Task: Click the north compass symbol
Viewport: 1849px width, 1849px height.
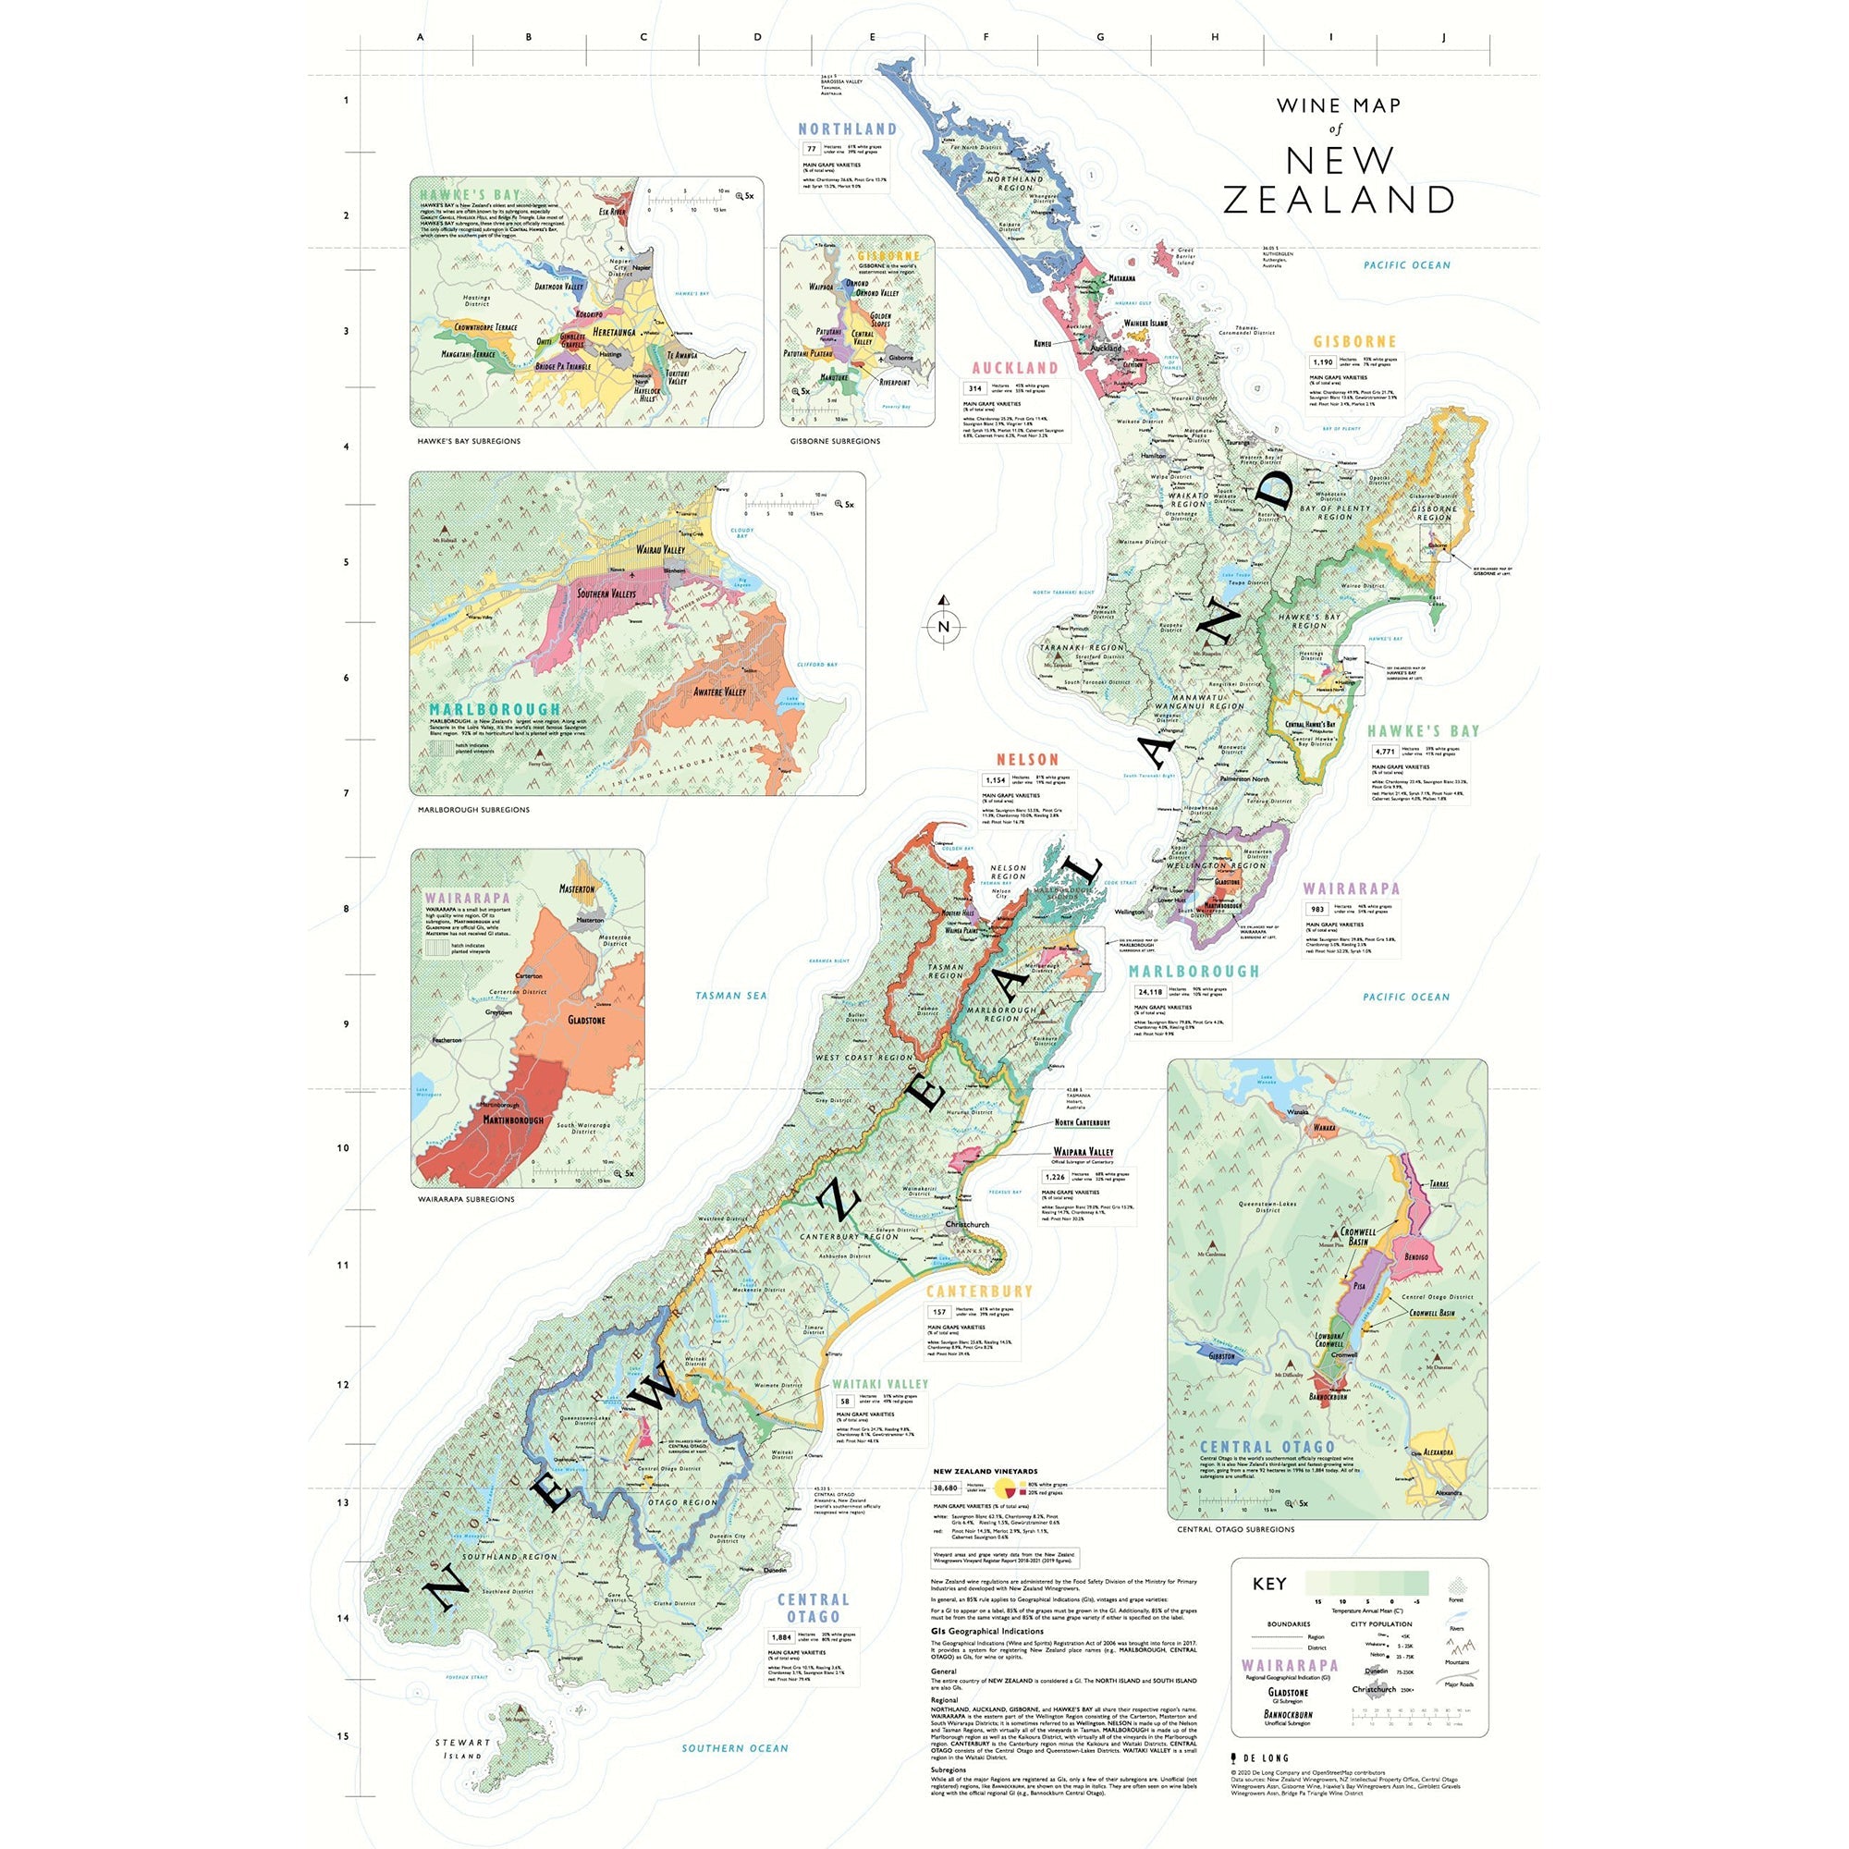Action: [944, 626]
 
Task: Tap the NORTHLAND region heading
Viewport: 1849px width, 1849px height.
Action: [848, 129]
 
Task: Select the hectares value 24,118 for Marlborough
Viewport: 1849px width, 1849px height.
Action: [1148, 991]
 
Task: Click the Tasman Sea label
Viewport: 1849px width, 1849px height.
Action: [731, 996]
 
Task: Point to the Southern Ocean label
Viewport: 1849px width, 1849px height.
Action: [735, 1747]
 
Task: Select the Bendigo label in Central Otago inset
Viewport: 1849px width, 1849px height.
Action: [1416, 1255]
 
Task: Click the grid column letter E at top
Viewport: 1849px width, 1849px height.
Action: [872, 37]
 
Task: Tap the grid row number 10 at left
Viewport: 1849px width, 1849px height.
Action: [344, 1147]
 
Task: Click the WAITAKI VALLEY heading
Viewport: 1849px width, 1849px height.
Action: [879, 1384]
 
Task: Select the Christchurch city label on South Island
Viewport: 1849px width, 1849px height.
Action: [967, 1224]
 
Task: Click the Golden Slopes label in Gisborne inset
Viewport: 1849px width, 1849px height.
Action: [879, 320]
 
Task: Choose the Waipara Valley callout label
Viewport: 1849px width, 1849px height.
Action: [1084, 1152]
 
